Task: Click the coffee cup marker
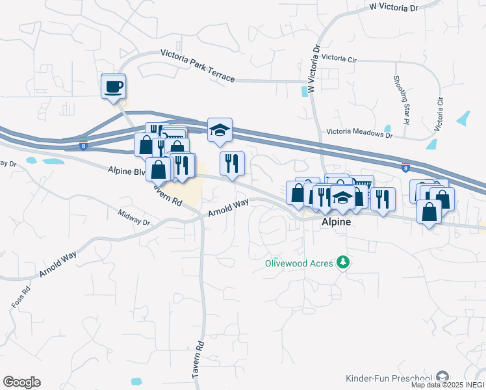tap(113, 86)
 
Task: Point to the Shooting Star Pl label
tap(401, 99)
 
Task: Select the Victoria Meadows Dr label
tap(359, 134)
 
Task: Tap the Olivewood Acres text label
tap(299, 263)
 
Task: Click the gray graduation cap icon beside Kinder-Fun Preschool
tap(442, 377)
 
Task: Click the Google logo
tap(21, 382)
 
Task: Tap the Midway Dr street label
tap(134, 218)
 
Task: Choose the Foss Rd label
tap(19, 298)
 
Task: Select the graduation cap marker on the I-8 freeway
tap(220, 129)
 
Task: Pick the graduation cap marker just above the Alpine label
tap(342, 198)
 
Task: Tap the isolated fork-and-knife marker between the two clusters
tap(232, 163)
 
